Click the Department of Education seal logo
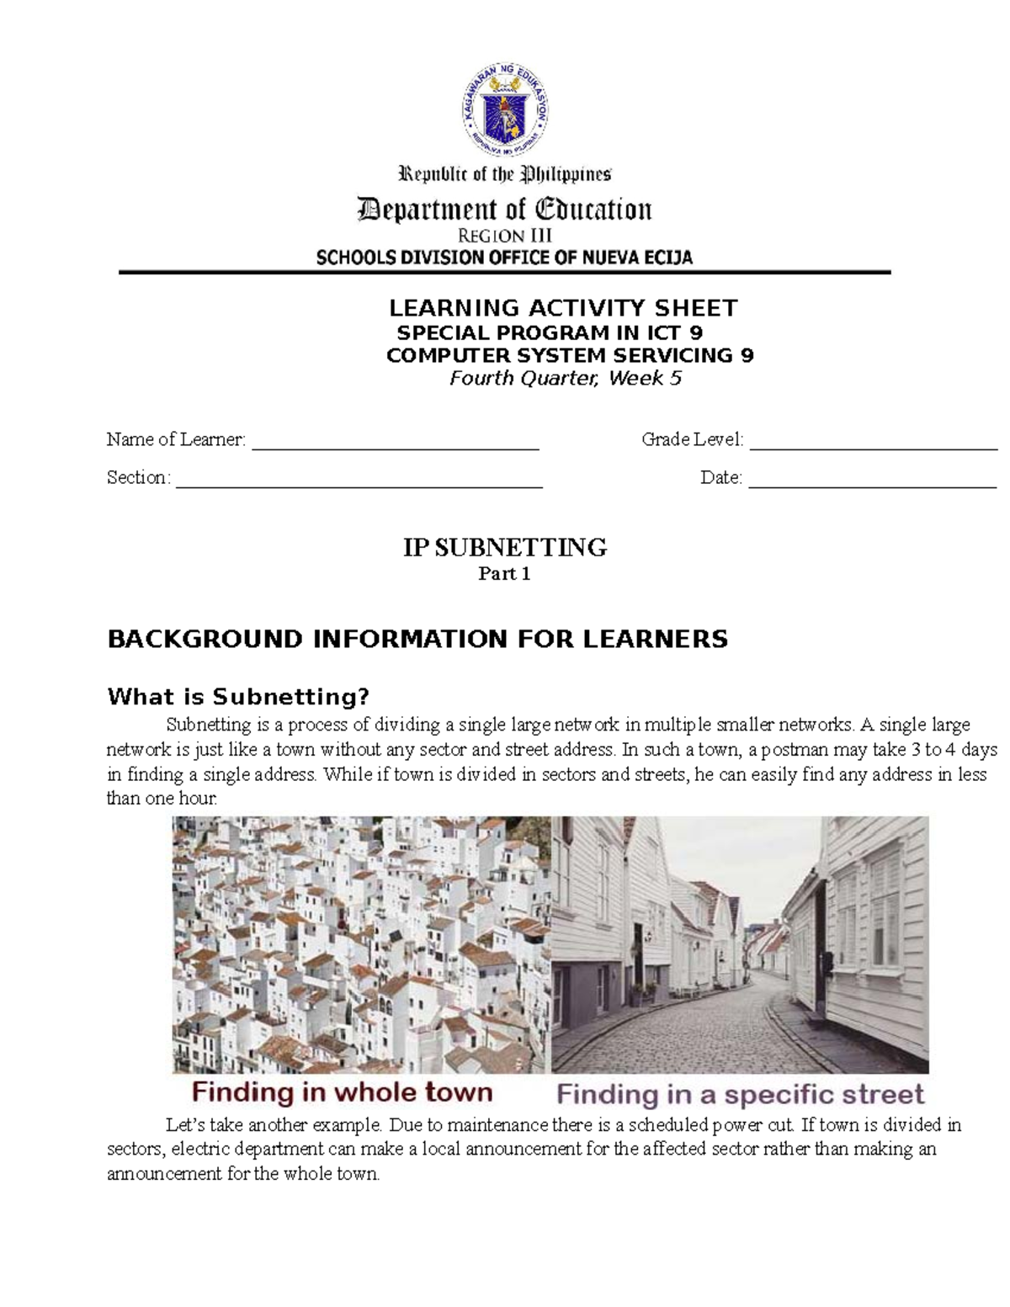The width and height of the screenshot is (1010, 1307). pyautogui.click(x=505, y=114)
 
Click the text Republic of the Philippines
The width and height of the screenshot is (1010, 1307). pyautogui.click(x=504, y=175)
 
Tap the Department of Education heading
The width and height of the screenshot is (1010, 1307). pyautogui.click(x=505, y=210)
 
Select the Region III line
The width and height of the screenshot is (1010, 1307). pyautogui.click(x=504, y=236)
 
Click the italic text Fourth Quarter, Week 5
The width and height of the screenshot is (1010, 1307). pyautogui.click(x=565, y=378)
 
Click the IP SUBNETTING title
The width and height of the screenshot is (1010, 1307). pyautogui.click(x=504, y=548)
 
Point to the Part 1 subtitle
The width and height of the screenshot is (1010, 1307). pyautogui.click(x=504, y=575)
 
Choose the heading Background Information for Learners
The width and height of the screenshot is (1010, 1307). pyautogui.click(x=417, y=639)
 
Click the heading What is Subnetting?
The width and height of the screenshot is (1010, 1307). pyautogui.click(x=238, y=697)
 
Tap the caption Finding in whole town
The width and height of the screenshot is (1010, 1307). pyautogui.click(x=342, y=1092)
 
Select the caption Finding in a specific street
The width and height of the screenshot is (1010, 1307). pyautogui.click(x=740, y=1094)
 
